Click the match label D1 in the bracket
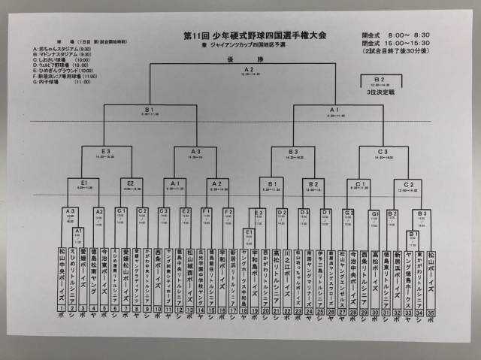coord(325,213)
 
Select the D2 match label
coord(282,213)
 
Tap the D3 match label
coord(304,213)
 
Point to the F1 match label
coord(207,212)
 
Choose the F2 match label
coord(228,212)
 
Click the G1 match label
coord(374,213)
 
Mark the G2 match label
coord(348,213)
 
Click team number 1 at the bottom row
coord(62,307)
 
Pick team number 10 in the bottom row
coord(158,307)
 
